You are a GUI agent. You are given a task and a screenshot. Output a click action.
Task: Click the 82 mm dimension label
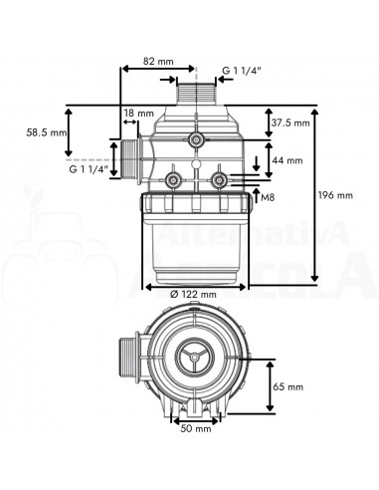click(x=158, y=62)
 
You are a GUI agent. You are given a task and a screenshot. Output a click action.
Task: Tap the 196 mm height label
click(x=335, y=195)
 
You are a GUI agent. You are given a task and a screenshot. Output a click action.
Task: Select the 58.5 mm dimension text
click(x=47, y=132)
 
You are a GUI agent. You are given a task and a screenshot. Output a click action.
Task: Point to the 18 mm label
click(x=139, y=114)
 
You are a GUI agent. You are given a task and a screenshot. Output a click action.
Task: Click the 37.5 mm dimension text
click(x=290, y=122)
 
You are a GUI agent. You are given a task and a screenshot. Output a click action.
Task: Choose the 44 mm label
click(x=287, y=160)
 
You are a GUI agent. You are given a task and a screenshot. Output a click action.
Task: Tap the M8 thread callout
click(x=268, y=198)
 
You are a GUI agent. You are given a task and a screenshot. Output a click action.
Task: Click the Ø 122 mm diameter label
click(x=193, y=294)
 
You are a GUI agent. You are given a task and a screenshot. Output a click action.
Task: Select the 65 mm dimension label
click(x=288, y=386)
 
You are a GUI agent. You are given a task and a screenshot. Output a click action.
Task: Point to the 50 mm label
click(x=196, y=428)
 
